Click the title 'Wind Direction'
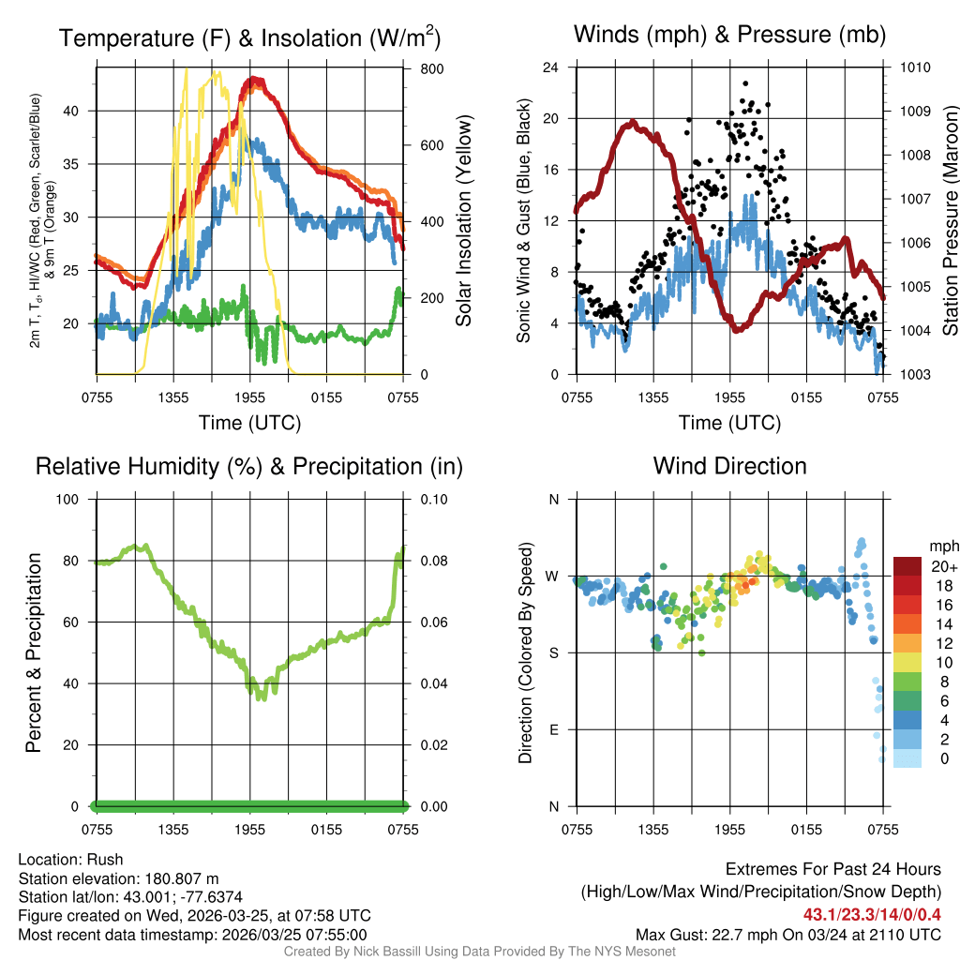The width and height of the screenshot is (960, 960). coord(729,466)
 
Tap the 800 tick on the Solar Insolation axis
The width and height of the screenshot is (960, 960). coord(419,68)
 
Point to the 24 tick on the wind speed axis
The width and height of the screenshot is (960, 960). coord(551,67)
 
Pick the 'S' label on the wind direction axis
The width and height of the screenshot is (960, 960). coord(553,652)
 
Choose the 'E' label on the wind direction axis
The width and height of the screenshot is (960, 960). coord(553,729)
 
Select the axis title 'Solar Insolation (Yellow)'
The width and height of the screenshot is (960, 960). coord(464,221)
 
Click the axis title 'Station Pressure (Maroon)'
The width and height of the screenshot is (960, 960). coord(949,221)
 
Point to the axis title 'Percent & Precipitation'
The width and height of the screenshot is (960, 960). coord(33,652)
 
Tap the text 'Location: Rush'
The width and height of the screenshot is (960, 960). coord(70,860)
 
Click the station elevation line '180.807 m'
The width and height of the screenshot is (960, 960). coord(118,878)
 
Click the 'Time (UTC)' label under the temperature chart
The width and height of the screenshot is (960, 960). coord(249,423)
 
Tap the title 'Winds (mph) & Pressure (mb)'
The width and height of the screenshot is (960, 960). coord(729,35)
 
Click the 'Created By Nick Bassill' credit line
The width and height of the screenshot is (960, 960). coord(479,952)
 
